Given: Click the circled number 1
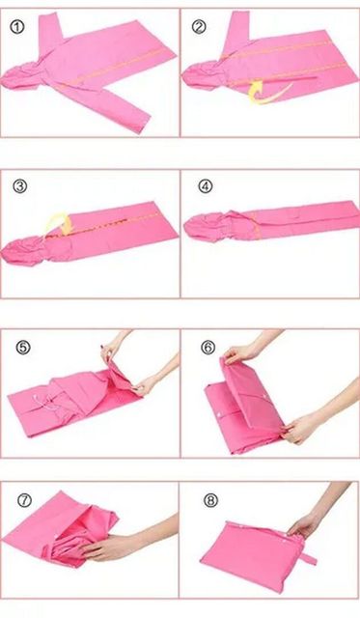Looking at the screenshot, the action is pos(17,27).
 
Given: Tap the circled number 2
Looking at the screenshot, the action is pos(199,27).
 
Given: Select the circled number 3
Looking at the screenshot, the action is pos(19,185).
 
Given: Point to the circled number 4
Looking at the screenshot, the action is pos(205,185).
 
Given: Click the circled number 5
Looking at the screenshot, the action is pos(23,348).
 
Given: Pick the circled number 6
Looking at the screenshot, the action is pos(208,348).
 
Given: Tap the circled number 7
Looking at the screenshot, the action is pos(24,500).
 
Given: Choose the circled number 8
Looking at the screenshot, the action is pos(210,500).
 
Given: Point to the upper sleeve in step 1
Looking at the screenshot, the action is pos(49,32).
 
